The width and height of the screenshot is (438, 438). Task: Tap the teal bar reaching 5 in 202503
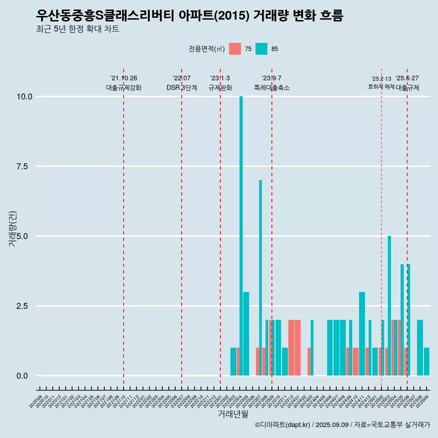pos(389,306)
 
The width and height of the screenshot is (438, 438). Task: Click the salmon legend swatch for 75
pos(235,49)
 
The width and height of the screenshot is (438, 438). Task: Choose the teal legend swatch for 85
pos(261,49)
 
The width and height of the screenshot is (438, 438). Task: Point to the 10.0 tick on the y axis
pos(24,97)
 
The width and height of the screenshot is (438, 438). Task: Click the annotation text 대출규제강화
pos(124,88)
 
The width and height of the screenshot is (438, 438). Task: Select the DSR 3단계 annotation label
pos(182,88)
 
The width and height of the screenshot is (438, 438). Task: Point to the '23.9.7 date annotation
pos(271,78)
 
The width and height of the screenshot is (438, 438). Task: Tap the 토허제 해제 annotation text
pos(381,87)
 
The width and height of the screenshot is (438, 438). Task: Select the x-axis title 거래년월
pos(233,414)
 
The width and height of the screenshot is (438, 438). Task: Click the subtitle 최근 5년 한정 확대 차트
pos(78,29)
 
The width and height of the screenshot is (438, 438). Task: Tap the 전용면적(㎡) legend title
pos(206,49)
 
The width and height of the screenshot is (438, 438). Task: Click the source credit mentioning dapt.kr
pos(342,425)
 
